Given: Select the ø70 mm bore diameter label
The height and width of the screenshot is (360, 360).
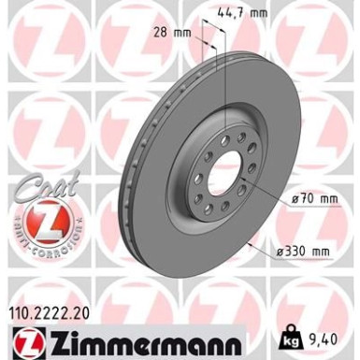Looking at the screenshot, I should click(x=314, y=199).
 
